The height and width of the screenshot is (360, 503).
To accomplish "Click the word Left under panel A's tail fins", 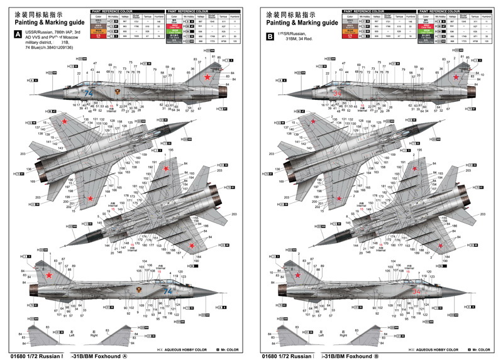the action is coord(72,335).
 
